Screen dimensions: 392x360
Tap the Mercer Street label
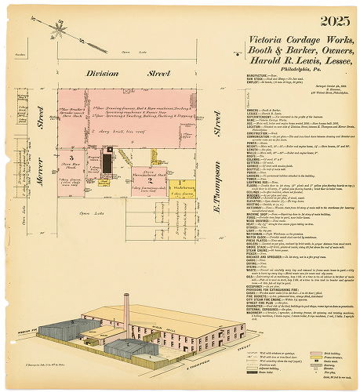(x=38, y=125)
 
